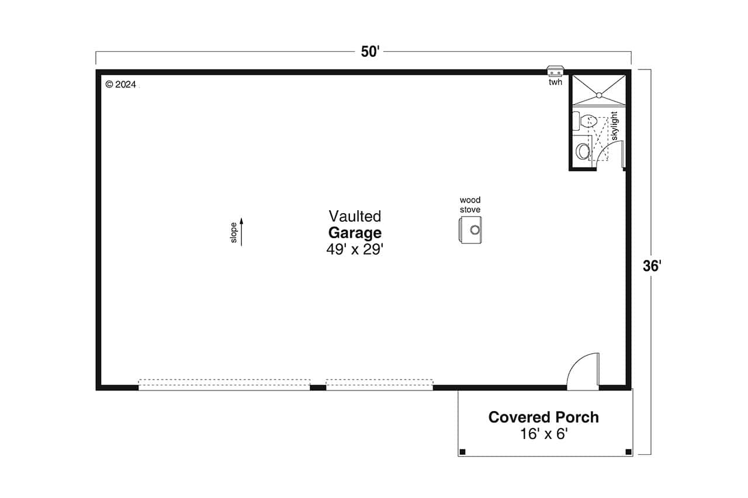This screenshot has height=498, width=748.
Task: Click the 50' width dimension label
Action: pyautogui.click(x=370, y=52)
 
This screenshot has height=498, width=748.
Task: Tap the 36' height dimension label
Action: pyautogui.click(x=652, y=266)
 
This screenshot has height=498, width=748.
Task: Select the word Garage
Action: pyautogui.click(x=355, y=233)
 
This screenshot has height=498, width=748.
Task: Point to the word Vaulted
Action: pyautogui.click(x=355, y=217)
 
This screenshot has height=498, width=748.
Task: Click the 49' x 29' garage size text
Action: pyautogui.click(x=355, y=249)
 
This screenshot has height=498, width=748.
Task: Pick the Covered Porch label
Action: pyautogui.click(x=543, y=417)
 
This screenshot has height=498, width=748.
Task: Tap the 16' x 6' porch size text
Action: pyautogui.click(x=543, y=434)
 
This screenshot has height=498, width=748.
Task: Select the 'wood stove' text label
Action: pyautogui.click(x=470, y=205)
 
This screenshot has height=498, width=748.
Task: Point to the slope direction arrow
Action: pyautogui.click(x=241, y=232)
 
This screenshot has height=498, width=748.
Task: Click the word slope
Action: pyautogui.click(x=234, y=232)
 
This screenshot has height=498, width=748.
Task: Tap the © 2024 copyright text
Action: pyautogui.click(x=120, y=85)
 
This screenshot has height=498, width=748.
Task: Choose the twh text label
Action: pyautogui.click(x=555, y=82)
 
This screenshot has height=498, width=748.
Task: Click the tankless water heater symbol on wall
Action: pyautogui.click(x=555, y=71)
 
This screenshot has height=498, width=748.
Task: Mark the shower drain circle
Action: pyautogui.click(x=598, y=95)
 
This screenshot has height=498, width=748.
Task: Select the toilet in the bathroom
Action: pyautogui.click(x=586, y=122)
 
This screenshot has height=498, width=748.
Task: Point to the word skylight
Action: pyautogui.click(x=614, y=126)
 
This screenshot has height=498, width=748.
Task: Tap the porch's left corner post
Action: pyautogui.click(x=462, y=451)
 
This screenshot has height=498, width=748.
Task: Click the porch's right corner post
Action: pyautogui.click(x=628, y=451)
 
